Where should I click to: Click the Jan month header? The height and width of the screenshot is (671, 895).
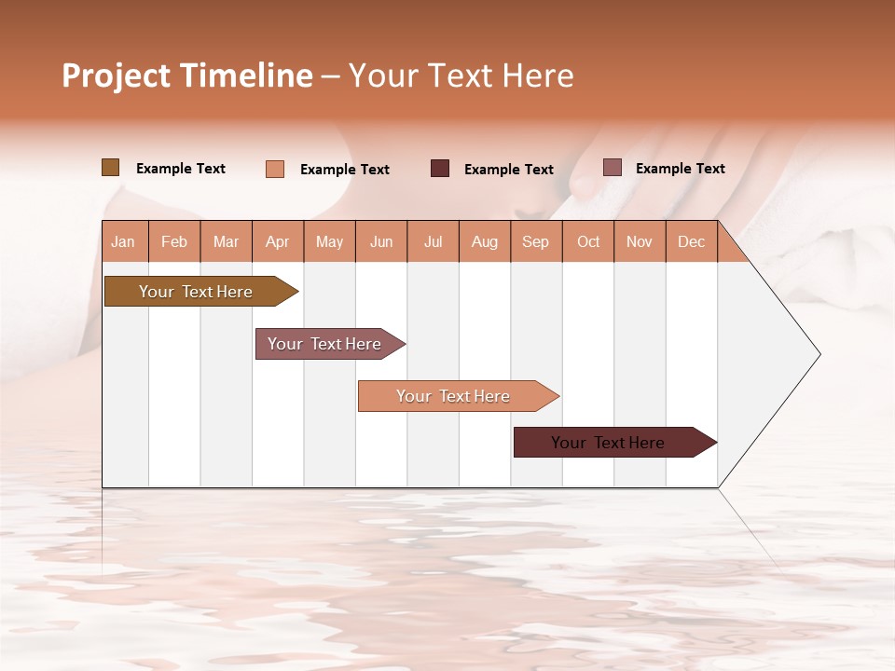click(x=123, y=241)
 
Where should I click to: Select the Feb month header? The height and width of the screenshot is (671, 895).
click(x=174, y=241)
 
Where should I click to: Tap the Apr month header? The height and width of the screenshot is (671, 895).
click(x=277, y=241)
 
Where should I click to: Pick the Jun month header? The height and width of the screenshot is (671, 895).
click(x=381, y=241)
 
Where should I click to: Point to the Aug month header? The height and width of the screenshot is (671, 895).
click(x=485, y=241)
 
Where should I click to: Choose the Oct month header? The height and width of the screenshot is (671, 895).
click(x=588, y=241)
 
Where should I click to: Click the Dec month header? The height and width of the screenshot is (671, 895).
click(x=691, y=241)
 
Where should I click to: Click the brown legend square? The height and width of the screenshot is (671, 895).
click(x=111, y=168)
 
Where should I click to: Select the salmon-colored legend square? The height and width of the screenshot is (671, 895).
click(x=275, y=169)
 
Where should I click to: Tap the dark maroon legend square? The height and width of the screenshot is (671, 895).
click(x=440, y=169)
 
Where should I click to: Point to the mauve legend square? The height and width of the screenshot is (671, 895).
click(x=612, y=168)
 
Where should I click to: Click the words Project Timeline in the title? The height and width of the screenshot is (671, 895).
click(x=187, y=75)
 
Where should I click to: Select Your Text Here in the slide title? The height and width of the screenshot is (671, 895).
click(x=461, y=75)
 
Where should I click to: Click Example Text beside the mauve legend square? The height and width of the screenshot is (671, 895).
click(x=680, y=169)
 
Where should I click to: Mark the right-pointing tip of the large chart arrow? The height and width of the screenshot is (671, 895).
click(x=819, y=354)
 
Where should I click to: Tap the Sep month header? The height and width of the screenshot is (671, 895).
click(x=535, y=241)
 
